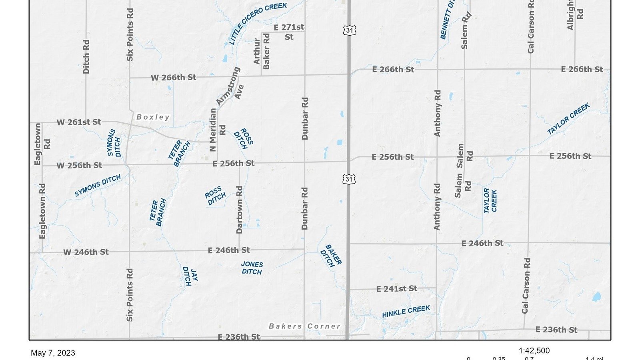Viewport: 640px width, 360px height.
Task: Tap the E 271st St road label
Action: (289, 32)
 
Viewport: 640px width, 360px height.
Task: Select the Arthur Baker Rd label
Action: (262, 51)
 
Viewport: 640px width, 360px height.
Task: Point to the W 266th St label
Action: (173, 77)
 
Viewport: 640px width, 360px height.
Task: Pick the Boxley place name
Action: (153, 117)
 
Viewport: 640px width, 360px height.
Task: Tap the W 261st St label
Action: (78, 122)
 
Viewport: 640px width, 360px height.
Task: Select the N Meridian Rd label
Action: (217, 130)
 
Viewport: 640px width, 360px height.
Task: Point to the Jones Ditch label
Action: (252, 268)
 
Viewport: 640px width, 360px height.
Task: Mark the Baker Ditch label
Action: (330, 256)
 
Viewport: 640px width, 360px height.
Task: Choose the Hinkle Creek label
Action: (406, 312)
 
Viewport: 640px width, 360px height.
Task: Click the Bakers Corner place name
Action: (304, 326)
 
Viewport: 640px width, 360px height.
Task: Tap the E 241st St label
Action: (396, 288)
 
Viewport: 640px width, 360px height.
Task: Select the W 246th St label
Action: (86, 252)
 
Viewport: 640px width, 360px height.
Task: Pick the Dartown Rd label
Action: (239, 210)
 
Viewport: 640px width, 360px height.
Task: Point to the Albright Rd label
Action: (575, 15)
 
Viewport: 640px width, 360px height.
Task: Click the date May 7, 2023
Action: (53, 353)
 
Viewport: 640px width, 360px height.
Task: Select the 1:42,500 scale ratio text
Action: (534, 351)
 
